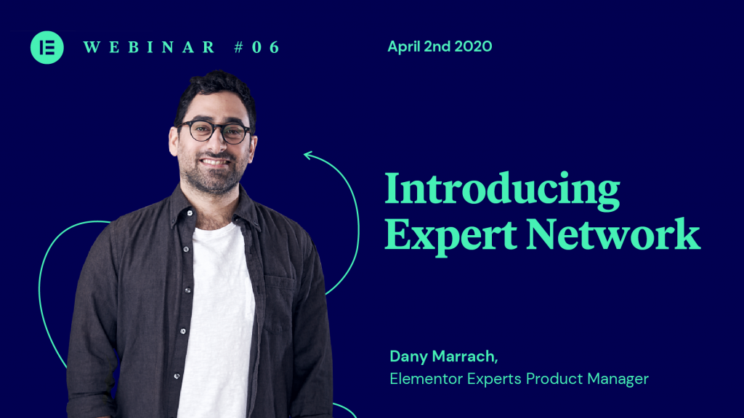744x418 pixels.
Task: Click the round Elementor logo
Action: click(x=47, y=47)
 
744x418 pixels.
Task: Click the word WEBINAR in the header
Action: click(x=150, y=47)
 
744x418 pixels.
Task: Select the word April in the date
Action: click(x=404, y=47)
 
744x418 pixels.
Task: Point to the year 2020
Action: click(x=473, y=46)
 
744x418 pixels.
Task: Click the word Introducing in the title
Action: click(x=503, y=189)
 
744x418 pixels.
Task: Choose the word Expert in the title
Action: click(x=450, y=235)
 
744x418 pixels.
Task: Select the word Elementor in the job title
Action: click(x=426, y=379)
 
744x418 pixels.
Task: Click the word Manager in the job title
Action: click(x=618, y=379)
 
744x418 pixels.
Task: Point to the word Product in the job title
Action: click(x=554, y=379)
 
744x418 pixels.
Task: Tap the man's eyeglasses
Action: click(x=214, y=131)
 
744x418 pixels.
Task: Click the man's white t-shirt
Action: click(x=217, y=322)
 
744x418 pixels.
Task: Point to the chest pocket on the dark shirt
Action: click(x=279, y=304)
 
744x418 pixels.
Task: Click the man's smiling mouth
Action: click(x=216, y=163)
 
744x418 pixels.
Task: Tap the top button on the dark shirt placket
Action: click(x=190, y=213)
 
